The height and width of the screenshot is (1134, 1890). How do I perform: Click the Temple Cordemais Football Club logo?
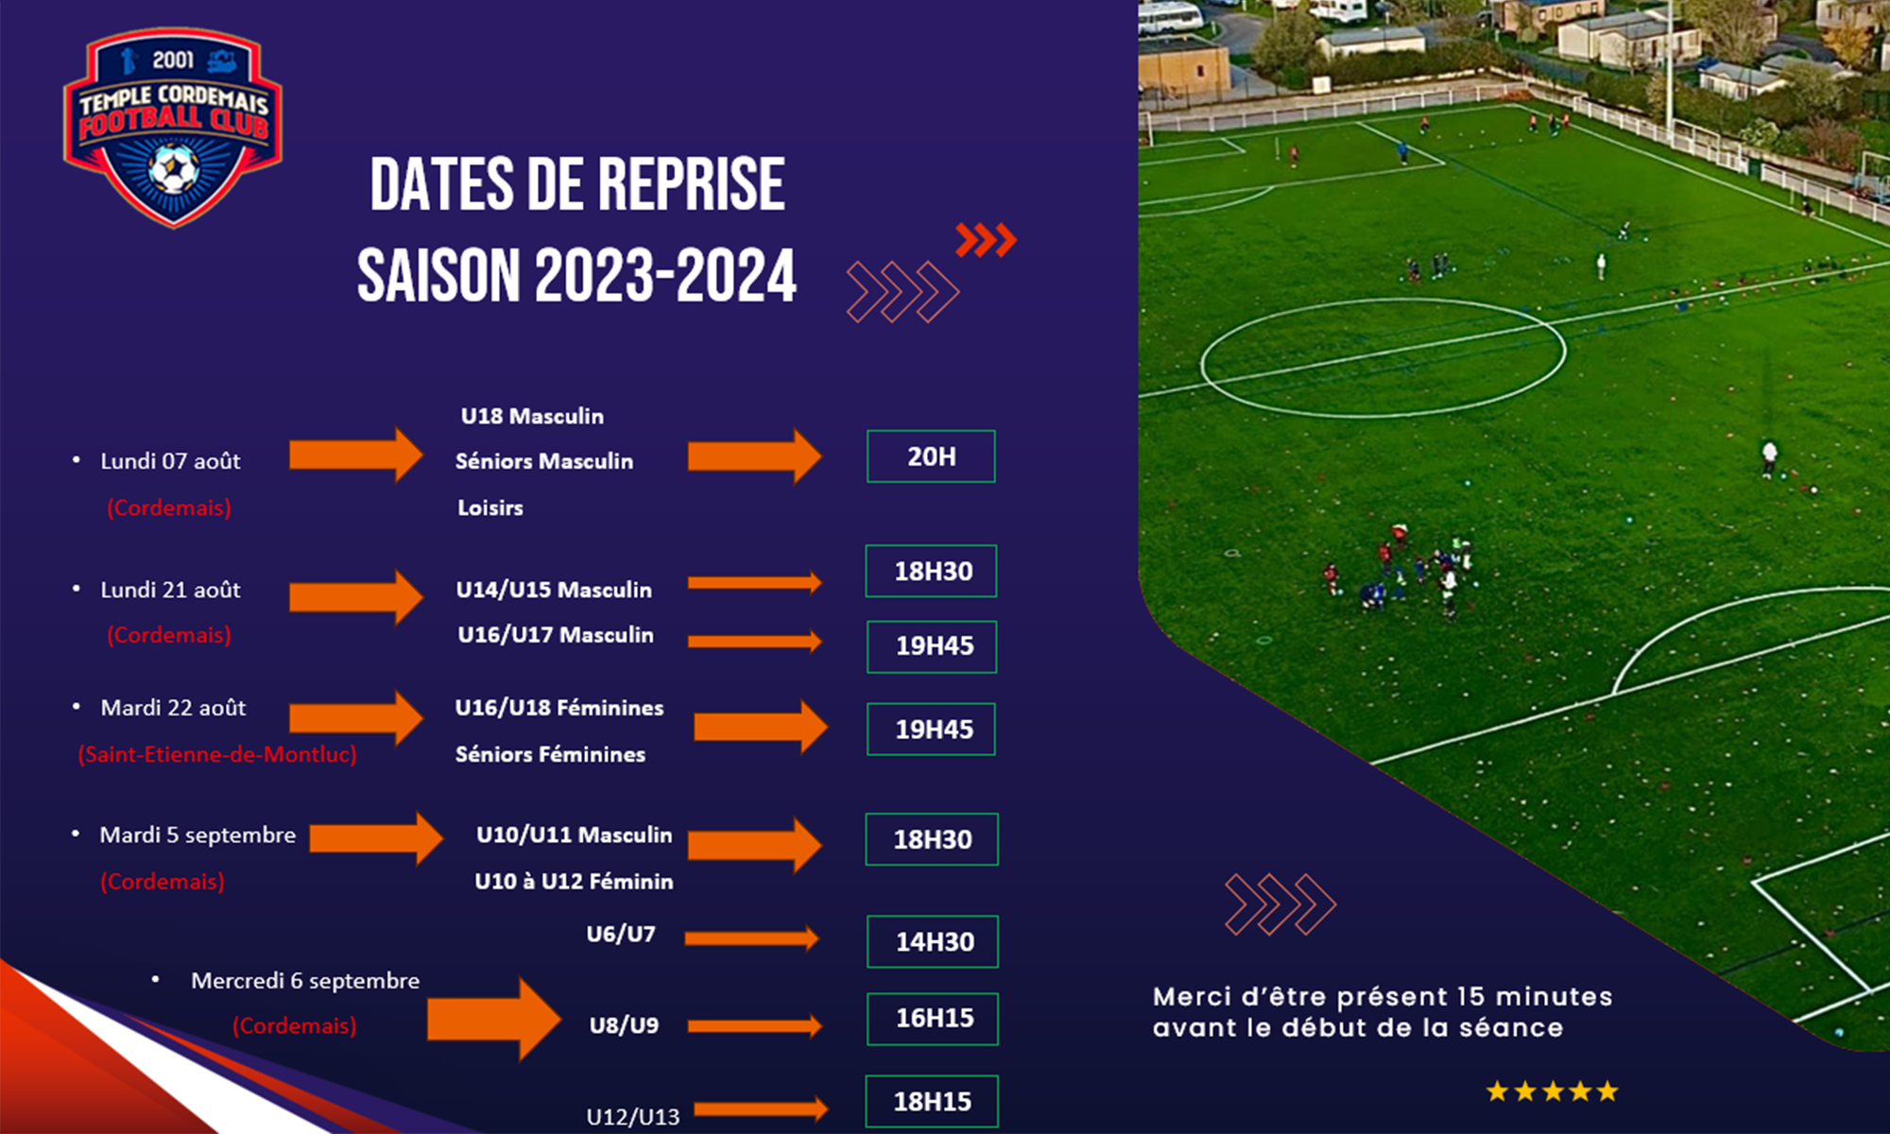[x=173, y=128]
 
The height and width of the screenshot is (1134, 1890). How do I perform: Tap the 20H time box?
[x=931, y=456]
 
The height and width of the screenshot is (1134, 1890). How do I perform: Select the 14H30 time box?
[x=933, y=941]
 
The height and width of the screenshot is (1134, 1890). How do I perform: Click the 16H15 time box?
[x=933, y=1019]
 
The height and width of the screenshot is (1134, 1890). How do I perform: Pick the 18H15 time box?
[x=932, y=1101]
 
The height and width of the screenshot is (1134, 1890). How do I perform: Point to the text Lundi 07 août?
[x=170, y=461]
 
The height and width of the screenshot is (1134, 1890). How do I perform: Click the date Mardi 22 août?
[x=173, y=708]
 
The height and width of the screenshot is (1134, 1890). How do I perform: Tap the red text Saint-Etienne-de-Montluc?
[x=217, y=754]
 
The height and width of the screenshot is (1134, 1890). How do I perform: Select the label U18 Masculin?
[x=532, y=416]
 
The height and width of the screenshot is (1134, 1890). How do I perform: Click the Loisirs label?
[x=490, y=507]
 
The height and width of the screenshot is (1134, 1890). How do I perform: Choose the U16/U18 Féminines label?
[x=559, y=708]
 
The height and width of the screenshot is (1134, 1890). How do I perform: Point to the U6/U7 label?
[x=621, y=934]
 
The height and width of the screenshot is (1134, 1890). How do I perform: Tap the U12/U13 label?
[x=633, y=1117]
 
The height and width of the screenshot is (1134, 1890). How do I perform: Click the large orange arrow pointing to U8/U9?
[x=494, y=1020]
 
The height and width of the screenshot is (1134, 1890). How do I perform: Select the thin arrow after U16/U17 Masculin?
[x=755, y=642]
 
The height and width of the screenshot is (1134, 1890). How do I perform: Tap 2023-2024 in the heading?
[x=666, y=276]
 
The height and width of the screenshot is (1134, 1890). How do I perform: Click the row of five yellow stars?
[x=1553, y=1092]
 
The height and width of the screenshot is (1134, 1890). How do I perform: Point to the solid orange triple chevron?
[x=986, y=240]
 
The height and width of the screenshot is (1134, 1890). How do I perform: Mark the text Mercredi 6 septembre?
[x=305, y=981]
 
